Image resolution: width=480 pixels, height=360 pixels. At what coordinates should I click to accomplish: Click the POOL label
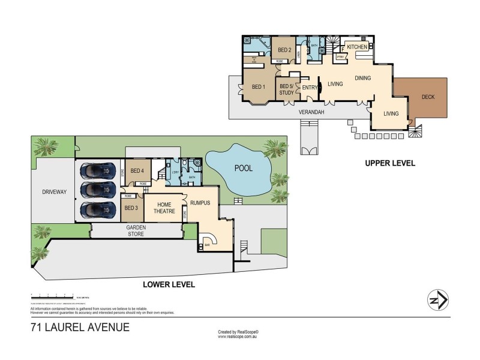(243, 169)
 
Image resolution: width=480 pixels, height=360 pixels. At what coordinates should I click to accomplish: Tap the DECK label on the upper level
(428, 97)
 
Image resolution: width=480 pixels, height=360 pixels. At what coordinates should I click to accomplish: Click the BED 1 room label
(259, 87)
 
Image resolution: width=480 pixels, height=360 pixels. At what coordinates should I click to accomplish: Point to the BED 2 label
(284, 50)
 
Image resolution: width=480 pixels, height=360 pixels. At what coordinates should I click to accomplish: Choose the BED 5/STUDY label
(287, 89)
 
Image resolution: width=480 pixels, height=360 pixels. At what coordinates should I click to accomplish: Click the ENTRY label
(310, 88)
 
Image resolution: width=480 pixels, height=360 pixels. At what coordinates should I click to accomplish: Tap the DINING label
(362, 78)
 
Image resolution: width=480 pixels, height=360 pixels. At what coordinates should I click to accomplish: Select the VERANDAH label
(311, 112)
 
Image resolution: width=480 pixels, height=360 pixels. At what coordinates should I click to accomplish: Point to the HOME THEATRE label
(164, 208)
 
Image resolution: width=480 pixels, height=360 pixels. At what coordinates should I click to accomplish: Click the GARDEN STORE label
(136, 231)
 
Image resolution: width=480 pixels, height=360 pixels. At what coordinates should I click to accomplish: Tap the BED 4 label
(137, 170)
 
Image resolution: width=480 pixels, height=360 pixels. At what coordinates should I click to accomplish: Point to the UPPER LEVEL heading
(389, 163)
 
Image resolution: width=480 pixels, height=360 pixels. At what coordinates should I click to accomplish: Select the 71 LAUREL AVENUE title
(80, 328)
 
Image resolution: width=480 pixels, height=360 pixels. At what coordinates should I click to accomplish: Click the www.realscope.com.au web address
(238, 337)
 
